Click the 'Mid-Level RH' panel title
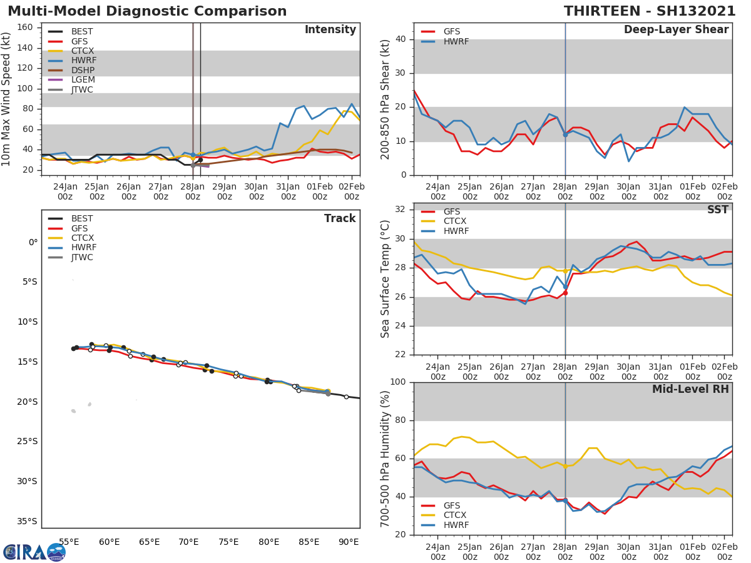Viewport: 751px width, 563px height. (690, 390)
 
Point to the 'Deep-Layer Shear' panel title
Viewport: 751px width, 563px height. (676, 30)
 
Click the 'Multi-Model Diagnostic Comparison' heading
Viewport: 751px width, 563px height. (147, 11)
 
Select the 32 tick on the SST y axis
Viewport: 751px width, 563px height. (401, 210)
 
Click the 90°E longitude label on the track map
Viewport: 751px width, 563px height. (349, 542)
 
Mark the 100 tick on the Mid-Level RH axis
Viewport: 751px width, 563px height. (398, 382)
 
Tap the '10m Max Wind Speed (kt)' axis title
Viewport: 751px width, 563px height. (7, 99)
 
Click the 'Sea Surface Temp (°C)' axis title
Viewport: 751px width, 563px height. (386, 279)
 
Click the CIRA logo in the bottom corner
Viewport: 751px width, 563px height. (34, 552)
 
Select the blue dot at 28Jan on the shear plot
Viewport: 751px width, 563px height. (565, 134)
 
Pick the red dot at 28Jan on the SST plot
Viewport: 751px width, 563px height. (565, 293)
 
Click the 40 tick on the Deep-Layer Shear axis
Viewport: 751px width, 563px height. (401, 39)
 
